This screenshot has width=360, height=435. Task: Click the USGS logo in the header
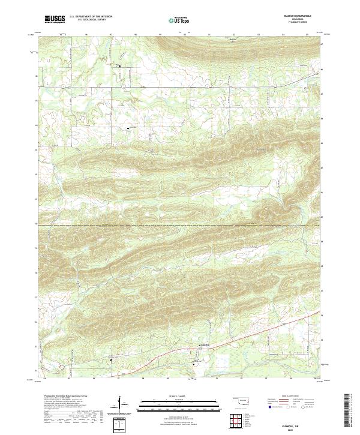point(55,20)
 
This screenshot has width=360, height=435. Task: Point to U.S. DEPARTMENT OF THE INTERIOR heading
point(91,17)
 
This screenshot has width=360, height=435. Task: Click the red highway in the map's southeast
point(264,331)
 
